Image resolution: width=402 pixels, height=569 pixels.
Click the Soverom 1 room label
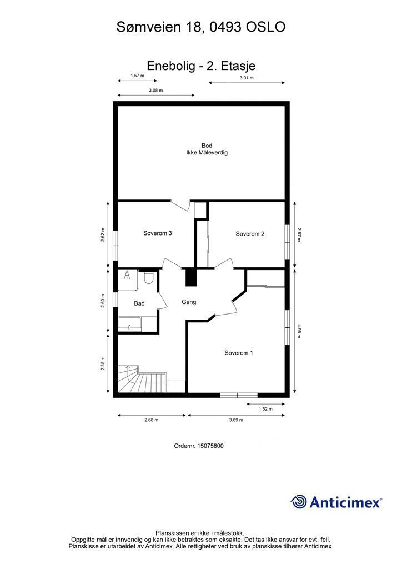(x=239, y=353)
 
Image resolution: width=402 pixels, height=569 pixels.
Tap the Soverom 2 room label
(x=250, y=234)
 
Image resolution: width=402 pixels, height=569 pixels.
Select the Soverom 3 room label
(x=157, y=233)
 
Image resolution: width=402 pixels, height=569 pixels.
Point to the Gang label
(x=189, y=302)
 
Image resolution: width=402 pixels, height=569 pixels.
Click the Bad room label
(x=139, y=303)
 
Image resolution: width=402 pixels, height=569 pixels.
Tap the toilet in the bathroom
(x=148, y=278)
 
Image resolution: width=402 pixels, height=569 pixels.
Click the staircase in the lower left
(x=142, y=381)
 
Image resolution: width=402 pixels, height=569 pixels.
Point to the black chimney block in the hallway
(x=190, y=277)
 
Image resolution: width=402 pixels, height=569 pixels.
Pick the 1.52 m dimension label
(x=266, y=409)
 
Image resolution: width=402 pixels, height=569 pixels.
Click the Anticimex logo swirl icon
(x=299, y=502)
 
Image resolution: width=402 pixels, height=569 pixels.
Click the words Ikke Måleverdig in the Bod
(x=207, y=152)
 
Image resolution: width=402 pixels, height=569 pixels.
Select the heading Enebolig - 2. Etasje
(x=201, y=66)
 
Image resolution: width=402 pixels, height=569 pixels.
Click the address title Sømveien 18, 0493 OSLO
(x=201, y=26)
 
